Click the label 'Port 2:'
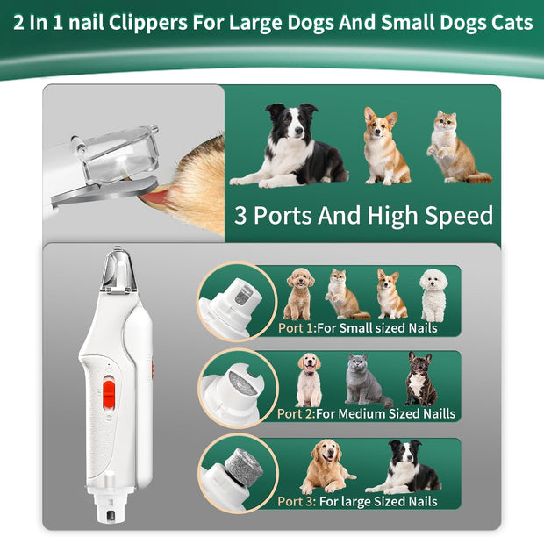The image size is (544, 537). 297,413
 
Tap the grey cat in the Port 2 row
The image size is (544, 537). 362,380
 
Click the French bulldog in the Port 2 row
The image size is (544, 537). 420,378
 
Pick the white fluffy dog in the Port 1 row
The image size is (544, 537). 433,294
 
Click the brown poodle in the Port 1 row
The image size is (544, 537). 299,294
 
